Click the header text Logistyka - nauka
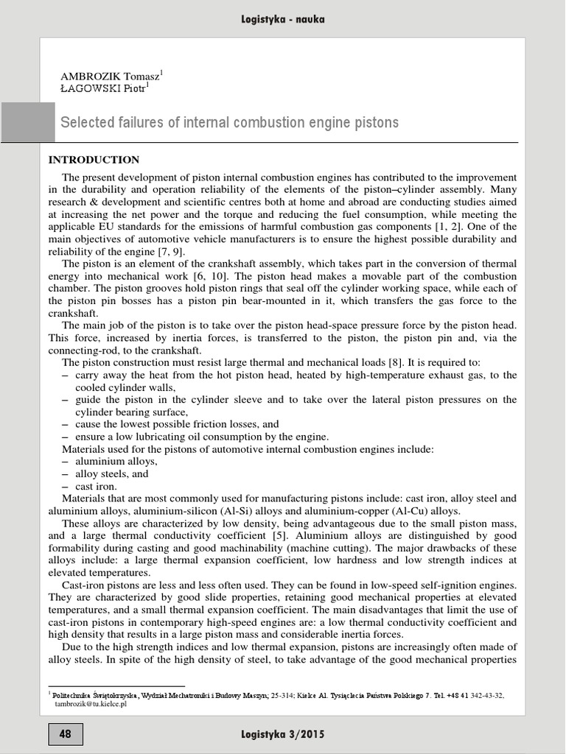point(282,19)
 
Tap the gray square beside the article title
point(27,122)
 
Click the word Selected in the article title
point(86,122)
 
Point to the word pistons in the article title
point(374,122)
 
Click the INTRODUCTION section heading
point(94,160)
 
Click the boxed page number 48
point(66,734)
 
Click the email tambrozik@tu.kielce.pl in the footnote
point(91,704)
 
